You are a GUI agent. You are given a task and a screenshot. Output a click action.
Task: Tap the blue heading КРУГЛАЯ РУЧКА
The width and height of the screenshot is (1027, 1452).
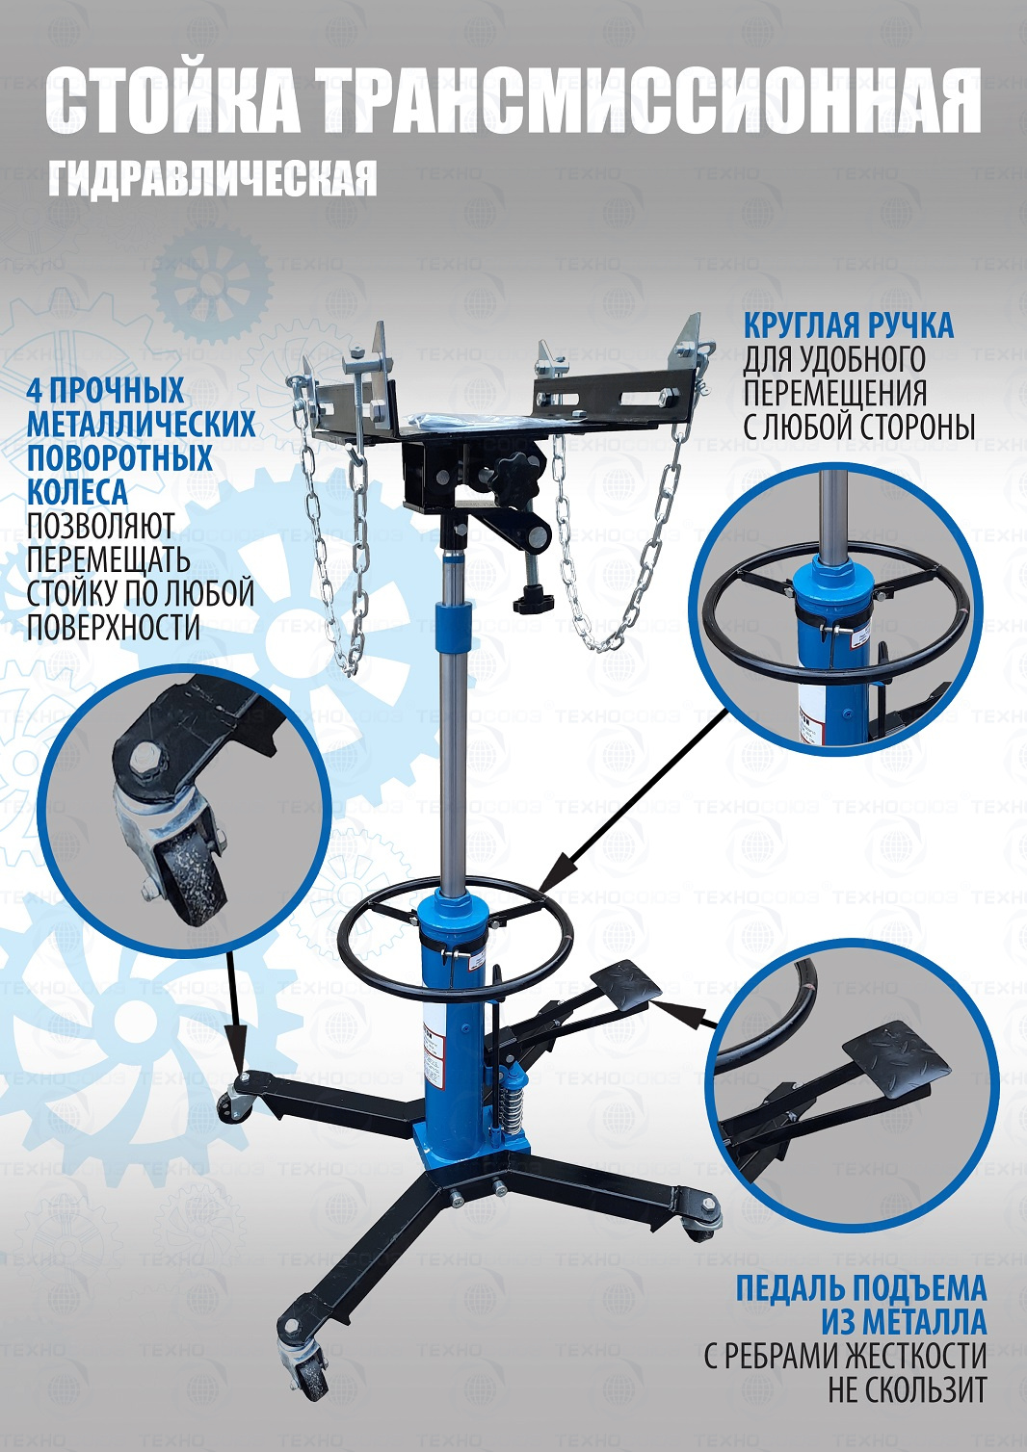[x=849, y=325]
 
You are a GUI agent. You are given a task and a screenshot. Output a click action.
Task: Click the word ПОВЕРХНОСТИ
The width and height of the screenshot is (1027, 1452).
[x=112, y=626]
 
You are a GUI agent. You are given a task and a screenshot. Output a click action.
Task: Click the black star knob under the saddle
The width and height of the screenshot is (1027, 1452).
[x=514, y=471]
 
